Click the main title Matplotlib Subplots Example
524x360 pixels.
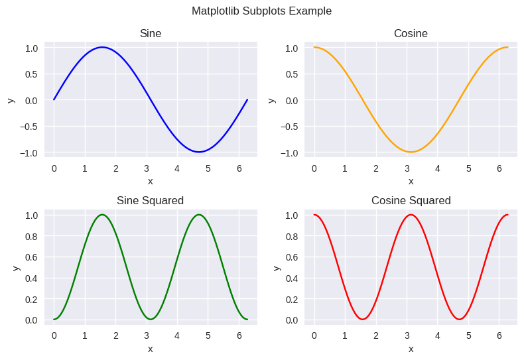261,11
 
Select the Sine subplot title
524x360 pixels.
151,33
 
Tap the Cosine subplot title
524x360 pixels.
411,33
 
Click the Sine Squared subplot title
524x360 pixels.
151,200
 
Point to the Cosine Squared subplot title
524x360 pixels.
411,200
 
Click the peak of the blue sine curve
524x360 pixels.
102,47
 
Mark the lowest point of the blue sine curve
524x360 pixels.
199,152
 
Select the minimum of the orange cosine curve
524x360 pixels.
411,152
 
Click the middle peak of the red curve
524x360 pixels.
411,215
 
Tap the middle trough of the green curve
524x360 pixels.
151,320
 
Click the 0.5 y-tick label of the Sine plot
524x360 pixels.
31,74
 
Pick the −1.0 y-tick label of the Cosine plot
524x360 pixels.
289,153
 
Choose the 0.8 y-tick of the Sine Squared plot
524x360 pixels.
31,236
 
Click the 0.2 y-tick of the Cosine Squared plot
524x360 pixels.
292,299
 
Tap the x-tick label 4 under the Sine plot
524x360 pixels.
177,168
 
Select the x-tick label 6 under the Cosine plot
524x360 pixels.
499,168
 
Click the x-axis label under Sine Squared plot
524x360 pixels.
151,349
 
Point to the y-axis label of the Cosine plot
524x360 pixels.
272,100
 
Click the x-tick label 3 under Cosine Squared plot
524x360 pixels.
407,335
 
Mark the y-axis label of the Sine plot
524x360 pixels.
11,100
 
